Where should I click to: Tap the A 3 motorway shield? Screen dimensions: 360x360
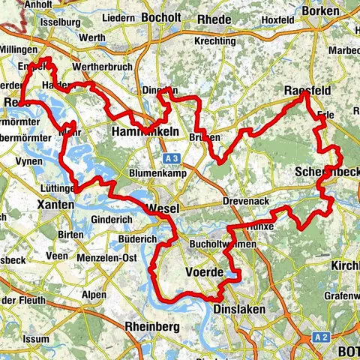pyautogui.click(x=171, y=158)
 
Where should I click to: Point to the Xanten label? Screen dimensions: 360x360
pyautogui.click(x=55, y=204)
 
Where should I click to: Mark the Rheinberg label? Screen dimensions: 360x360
pyautogui.click(x=152, y=327)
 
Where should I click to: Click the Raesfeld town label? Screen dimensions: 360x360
pyautogui.click(x=308, y=91)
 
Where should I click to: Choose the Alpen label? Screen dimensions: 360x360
pyautogui.click(x=94, y=295)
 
